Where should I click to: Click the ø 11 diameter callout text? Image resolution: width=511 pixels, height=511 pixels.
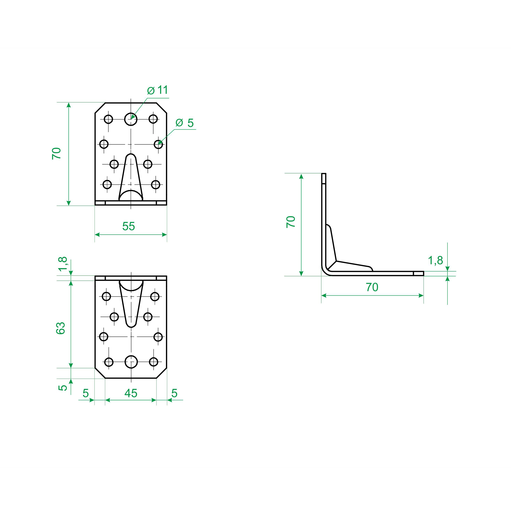[158, 90]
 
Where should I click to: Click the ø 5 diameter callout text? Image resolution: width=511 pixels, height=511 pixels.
[185, 123]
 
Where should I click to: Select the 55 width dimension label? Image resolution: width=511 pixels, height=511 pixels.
[129, 226]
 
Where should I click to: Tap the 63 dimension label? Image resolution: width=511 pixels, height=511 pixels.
[60, 328]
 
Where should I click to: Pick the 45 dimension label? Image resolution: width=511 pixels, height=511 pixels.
[131, 393]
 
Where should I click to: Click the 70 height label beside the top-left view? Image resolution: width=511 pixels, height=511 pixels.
[56, 153]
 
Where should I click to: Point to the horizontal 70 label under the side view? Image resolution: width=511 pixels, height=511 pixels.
[372, 287]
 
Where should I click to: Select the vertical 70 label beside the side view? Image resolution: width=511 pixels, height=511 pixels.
[291, 222]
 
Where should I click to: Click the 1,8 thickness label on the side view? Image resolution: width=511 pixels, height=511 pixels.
[435, 260]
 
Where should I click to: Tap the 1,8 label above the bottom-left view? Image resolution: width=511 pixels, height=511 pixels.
[63, 264]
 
